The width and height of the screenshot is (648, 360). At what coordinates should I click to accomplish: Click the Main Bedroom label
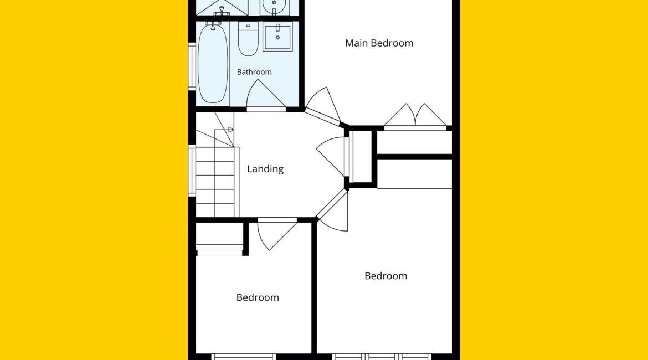(379, 43)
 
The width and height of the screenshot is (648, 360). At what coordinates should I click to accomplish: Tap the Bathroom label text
(254, 72)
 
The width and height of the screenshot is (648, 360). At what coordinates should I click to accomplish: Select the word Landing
(265, 169)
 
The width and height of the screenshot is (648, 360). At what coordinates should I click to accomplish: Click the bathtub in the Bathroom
(213, 63)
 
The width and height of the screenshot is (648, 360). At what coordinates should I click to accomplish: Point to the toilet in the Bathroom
(248, 38)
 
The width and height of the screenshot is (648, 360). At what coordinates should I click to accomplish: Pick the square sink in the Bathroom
(277, 37)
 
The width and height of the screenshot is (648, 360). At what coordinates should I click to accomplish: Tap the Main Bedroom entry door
(323, 106)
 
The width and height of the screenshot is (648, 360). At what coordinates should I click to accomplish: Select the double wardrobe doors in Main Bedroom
(415, 116)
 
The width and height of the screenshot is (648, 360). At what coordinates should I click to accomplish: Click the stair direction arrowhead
(231, 130)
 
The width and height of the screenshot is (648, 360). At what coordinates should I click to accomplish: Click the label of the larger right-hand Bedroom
(385, 276)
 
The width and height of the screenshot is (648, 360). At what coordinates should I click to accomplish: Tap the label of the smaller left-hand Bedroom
(258, 297)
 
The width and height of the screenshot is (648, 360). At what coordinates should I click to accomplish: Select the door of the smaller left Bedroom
(276, 234)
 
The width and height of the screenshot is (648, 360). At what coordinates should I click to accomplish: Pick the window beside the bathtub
(192, 66)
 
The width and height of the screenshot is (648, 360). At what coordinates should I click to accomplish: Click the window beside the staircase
(192, 170)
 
